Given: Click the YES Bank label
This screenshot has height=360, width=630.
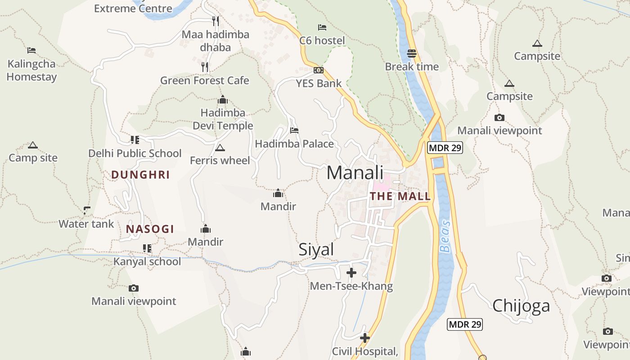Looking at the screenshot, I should tap(319, 83).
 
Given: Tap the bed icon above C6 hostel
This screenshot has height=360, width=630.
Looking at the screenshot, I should tap(322, 28).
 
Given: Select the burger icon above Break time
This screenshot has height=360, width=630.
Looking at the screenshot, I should tap(412, 54).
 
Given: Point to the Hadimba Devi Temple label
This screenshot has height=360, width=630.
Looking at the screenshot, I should tap(223, 119).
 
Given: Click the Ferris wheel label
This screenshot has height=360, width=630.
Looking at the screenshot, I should tap(220, 161).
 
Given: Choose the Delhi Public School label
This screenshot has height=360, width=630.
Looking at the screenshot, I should tap(135, 153).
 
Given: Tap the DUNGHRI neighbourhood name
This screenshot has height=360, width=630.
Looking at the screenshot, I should tap(140, 175).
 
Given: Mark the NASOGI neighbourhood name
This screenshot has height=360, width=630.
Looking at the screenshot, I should tap(150, 229).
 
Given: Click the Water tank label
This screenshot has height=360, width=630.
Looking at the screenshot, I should tap(86, 224).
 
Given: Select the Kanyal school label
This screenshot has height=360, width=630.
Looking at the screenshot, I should tap(147, 261).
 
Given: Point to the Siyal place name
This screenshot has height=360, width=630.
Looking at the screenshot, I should tap(316, 250).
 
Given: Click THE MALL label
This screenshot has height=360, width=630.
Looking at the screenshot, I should tap(400, 197).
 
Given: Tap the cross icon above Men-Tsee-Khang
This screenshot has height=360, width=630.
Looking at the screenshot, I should tap(351, 273).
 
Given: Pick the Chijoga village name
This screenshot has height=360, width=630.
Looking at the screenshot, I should tap(521, 306).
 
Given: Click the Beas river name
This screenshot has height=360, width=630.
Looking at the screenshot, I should tap(445, 236).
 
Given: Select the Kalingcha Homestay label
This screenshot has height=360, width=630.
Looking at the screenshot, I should tap(31, 70).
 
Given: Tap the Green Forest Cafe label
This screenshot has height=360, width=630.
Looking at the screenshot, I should tap(205, 81).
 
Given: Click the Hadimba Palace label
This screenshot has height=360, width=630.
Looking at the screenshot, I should tap(294, 144).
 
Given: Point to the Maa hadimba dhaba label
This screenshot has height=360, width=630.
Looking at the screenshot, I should tap(216, 41).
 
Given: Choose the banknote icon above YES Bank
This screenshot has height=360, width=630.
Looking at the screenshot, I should tap(319, 70).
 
